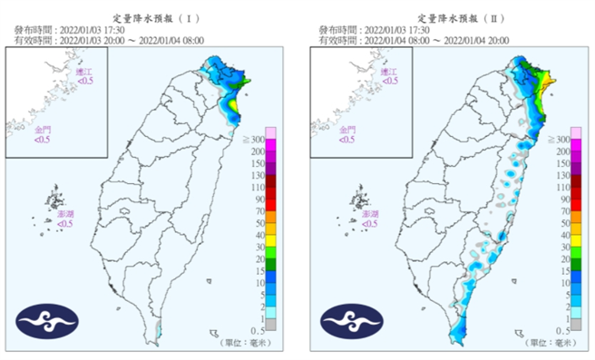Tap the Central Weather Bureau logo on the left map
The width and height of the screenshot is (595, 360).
(47, 321)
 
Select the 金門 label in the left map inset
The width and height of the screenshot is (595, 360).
(44, 134)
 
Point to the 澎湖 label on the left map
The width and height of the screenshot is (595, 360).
(64, 218)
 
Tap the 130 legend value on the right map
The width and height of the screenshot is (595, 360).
(562, 175)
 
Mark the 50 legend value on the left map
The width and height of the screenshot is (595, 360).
(258, 222)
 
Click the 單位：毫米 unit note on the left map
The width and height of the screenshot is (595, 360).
(244, 343)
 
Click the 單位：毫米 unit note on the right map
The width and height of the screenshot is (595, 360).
(549, 343)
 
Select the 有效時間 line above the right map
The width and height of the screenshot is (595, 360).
(414, 40)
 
